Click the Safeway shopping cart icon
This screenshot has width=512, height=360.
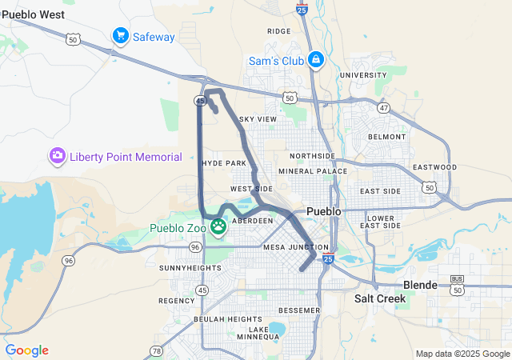coord(121,36)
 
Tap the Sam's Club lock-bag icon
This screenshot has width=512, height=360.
coord(316,60)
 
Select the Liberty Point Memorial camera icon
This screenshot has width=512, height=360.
coord(58,156)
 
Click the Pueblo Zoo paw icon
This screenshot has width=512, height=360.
coord(218,228)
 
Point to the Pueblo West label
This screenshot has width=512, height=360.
coord(34,14)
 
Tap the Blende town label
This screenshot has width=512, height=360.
coord(420,285)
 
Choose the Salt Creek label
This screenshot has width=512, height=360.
coord(380,298)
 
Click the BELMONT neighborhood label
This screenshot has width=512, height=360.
coord(387,137)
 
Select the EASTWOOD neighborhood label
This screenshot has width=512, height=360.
coord(434,167)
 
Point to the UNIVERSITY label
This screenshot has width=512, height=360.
coord(362,75)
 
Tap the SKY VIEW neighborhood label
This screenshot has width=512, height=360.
coord(258,119)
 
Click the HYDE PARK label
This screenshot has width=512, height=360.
coord(224,162)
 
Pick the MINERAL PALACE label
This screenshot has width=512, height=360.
coord(307,171)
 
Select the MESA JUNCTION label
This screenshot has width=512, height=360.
coord(296,247)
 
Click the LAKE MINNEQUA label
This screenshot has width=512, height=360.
coord(258,333)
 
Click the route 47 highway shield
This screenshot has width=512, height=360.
coord(384,107)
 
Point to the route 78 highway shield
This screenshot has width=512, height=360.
coord(156,350)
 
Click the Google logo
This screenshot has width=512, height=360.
coord(26,350)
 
